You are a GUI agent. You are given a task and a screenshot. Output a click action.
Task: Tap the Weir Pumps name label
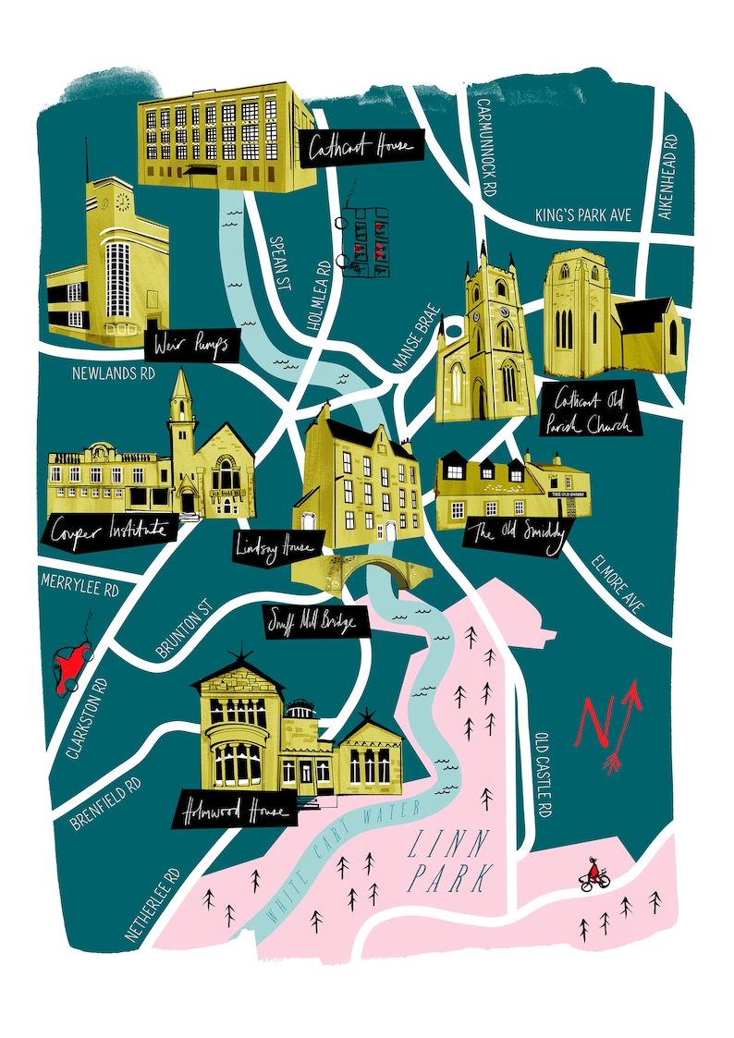[191, 347]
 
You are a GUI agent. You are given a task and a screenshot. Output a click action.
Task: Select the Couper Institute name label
[108, 531]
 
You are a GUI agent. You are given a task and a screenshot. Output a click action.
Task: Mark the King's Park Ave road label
[582, 214]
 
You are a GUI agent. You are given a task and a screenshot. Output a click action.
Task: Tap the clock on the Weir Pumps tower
[120, 201]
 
